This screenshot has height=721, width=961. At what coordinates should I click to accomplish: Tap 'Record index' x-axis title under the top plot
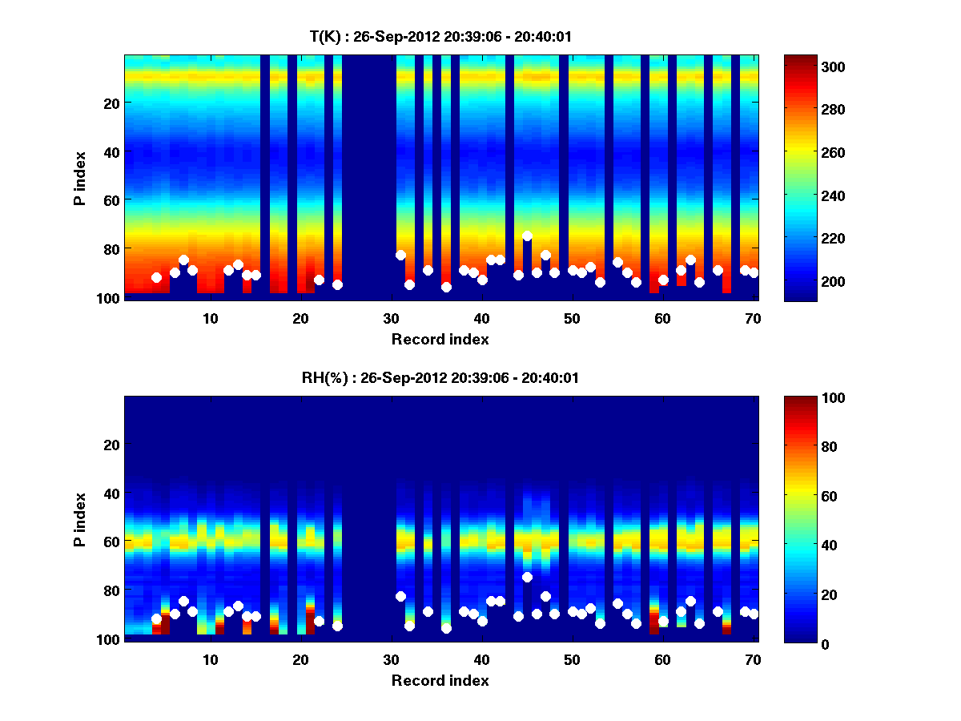click(440, 339)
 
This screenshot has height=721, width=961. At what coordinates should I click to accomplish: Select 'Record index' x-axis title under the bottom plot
click(440, 680)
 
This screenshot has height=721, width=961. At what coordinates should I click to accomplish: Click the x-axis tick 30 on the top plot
click(391, 318)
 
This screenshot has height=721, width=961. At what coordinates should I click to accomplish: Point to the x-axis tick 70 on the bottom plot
click(753, 659)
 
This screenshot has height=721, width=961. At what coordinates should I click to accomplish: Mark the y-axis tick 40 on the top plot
click(111, 151)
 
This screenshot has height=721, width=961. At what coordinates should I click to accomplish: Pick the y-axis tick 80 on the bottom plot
click(111, 590)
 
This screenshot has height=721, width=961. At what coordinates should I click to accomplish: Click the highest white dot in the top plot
click(527, 236)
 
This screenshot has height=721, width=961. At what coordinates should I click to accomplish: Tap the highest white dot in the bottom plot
click(527, 577)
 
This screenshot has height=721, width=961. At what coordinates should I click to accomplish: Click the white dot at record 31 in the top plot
click(400, 255)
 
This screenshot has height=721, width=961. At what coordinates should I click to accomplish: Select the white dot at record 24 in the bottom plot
click(337, 626)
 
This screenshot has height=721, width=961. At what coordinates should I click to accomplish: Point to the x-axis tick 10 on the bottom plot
click(210, 659)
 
